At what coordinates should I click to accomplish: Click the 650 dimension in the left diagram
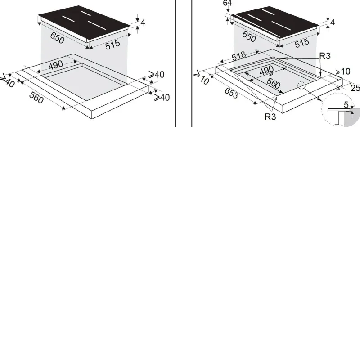[58, 38]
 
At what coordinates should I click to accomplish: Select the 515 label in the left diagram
[112, 45]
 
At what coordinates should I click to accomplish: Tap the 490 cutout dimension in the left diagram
[56, 65]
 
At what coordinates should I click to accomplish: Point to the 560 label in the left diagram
[36, 97]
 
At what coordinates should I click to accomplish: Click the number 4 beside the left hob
[143, 23]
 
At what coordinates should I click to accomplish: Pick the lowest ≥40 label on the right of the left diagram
[162, 97]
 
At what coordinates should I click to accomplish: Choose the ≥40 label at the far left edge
[7, 81]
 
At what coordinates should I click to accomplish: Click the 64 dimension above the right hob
[227, 3]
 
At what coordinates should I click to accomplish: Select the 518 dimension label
[239, 56]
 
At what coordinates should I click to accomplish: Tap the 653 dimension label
[231, 93]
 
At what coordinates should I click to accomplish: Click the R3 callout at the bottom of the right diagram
[270, 117]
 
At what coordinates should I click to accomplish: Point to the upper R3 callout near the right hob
[325, 56]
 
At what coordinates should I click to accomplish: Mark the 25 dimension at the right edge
[355, 88]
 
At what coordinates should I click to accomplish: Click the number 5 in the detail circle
[346, 105]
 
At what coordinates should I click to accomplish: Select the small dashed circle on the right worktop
[301, 85]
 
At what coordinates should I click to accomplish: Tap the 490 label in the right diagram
[266, 70]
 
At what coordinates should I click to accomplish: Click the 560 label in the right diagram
[274, 83]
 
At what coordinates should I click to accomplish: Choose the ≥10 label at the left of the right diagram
[202, 77]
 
